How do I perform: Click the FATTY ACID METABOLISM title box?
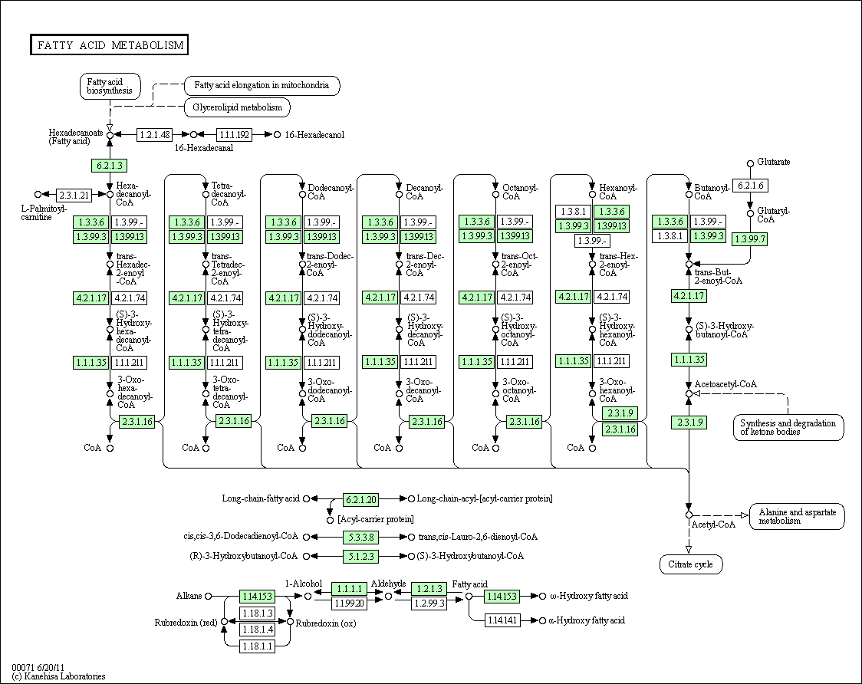point(109,45)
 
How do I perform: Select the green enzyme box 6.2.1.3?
point(110,166)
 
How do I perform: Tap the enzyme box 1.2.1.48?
point(154,135)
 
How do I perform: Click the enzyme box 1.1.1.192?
point(234,135)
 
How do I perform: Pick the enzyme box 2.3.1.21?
point(74,195)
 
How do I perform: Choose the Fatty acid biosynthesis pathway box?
point(110,87)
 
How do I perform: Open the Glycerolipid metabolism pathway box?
point(238,107)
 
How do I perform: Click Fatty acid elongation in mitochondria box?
point(262,85)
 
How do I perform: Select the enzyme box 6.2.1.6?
point(750,186)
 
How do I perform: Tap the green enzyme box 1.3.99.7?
point(749,239)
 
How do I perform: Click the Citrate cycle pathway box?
point(690,564)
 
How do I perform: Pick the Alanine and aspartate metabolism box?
point(797,516)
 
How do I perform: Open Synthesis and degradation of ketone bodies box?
point(788,427)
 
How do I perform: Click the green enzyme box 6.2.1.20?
point(360,500)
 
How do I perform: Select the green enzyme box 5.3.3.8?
point(360,538)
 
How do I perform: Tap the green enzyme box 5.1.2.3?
point(360,557)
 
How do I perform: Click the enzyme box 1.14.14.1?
point(502,621)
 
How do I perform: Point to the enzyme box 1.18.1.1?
point(257,646)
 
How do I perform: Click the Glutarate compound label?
point(774,162)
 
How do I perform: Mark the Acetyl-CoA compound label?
point(713,525)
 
